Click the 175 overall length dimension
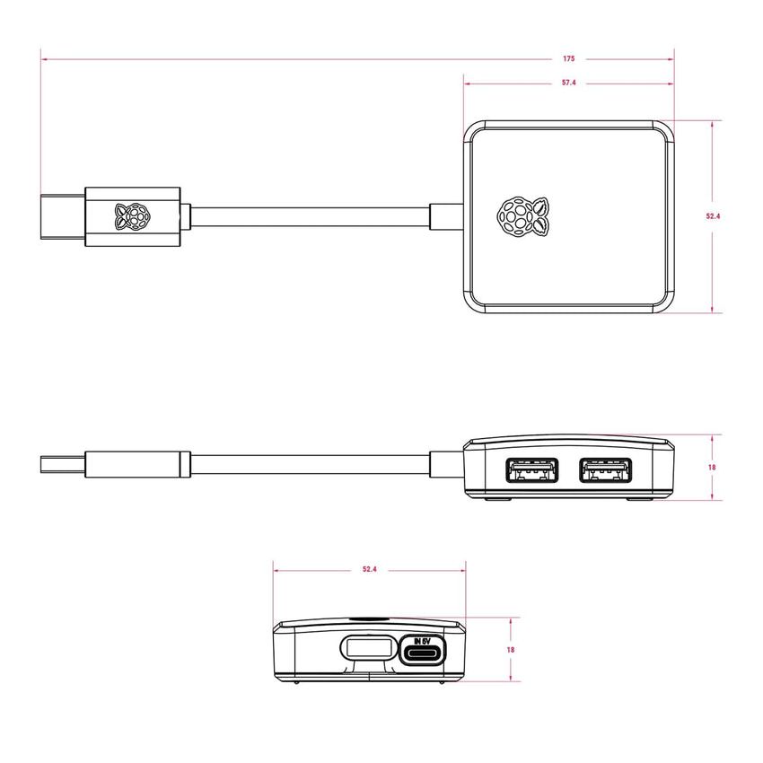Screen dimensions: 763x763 tap(569, 59)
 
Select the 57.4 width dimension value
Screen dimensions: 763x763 tap(569, 83)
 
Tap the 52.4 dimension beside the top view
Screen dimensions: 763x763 tap(713, 216)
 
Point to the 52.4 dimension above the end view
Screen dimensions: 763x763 tap(369, 569)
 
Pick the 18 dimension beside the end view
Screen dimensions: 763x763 tap(511, 649)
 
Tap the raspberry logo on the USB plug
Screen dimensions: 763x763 tap(131, 216)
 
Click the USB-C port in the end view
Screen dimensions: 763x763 tap(421, 653)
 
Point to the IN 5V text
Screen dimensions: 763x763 tap(421, 641)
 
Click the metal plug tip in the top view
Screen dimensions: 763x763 tap(62, 216)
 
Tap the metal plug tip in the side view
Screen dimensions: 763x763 tap(62, 466)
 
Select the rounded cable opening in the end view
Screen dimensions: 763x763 tap(366, 648)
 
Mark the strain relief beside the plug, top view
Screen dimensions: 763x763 tap(185, 216)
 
